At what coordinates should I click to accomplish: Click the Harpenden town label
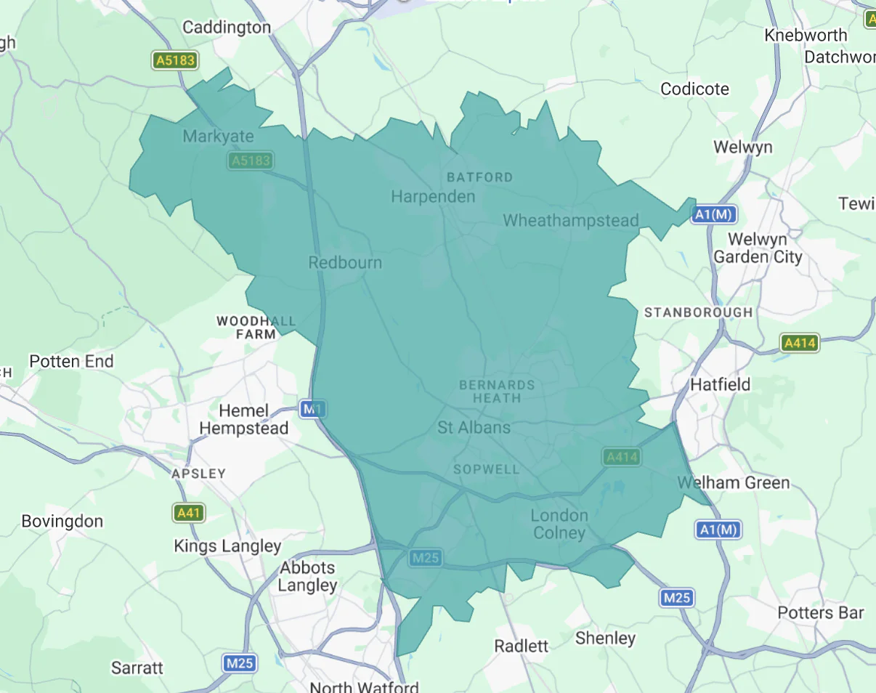pyautogui.click(x=433, y=196)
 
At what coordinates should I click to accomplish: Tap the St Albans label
pyautogui.click(x=474, y=427)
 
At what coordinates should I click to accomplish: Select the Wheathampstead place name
pyautogui.click(x=571, y=220)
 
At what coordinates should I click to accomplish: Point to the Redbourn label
pyautogui.click(x=345, y=262)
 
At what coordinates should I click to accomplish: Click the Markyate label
pyautogui.click(x=219, y=136)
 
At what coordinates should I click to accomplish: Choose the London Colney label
pyautogui.click(x=559, y=524)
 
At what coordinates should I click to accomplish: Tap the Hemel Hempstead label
pyautogui.click(x=243, y=419)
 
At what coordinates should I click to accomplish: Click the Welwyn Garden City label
pyautogui.click(x=758, y=248)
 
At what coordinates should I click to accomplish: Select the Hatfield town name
pyautogui.click(x=720, y=384)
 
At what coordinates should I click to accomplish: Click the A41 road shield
pyautogui.click(x=189, y=513)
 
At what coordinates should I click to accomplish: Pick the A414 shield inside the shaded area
pyautogui.click(x=621, y=457)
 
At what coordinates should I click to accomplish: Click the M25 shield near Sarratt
pyautogui.click(x=239, y=662)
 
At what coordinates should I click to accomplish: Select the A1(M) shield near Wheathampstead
pyautogui.click(x=715, y=214)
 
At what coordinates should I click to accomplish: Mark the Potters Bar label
pyautogui.click(x=821, y=612)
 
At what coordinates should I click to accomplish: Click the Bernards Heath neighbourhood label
pyautogui.click(x=497, y=391)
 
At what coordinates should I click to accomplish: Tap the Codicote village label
pyautogui.click(x=694, y=89)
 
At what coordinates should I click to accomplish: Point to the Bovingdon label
pyautogui.click(x=62, y=521)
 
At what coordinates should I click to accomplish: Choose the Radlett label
pyautogui.click(x=521, y=646)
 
